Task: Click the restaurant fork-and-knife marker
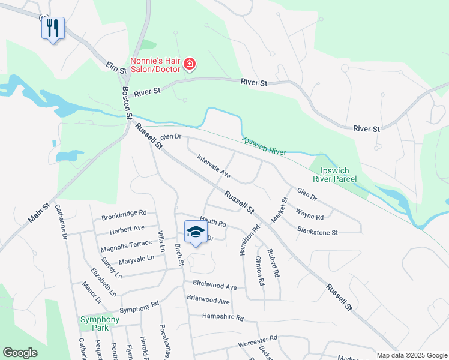(53, 28)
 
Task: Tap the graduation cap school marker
(195, 233)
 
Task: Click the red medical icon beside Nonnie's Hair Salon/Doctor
(190, 64)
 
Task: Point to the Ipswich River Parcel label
(335, 174)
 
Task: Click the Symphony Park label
(100, 324)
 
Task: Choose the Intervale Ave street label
(214, 166)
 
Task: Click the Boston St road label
(127, 102)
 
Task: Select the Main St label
(39, 213)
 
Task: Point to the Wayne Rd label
(310, 214)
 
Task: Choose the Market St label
(280, 209)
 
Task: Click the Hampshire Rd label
(223, 317)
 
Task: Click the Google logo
(20, 353)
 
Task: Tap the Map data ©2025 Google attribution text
(411, 355)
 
